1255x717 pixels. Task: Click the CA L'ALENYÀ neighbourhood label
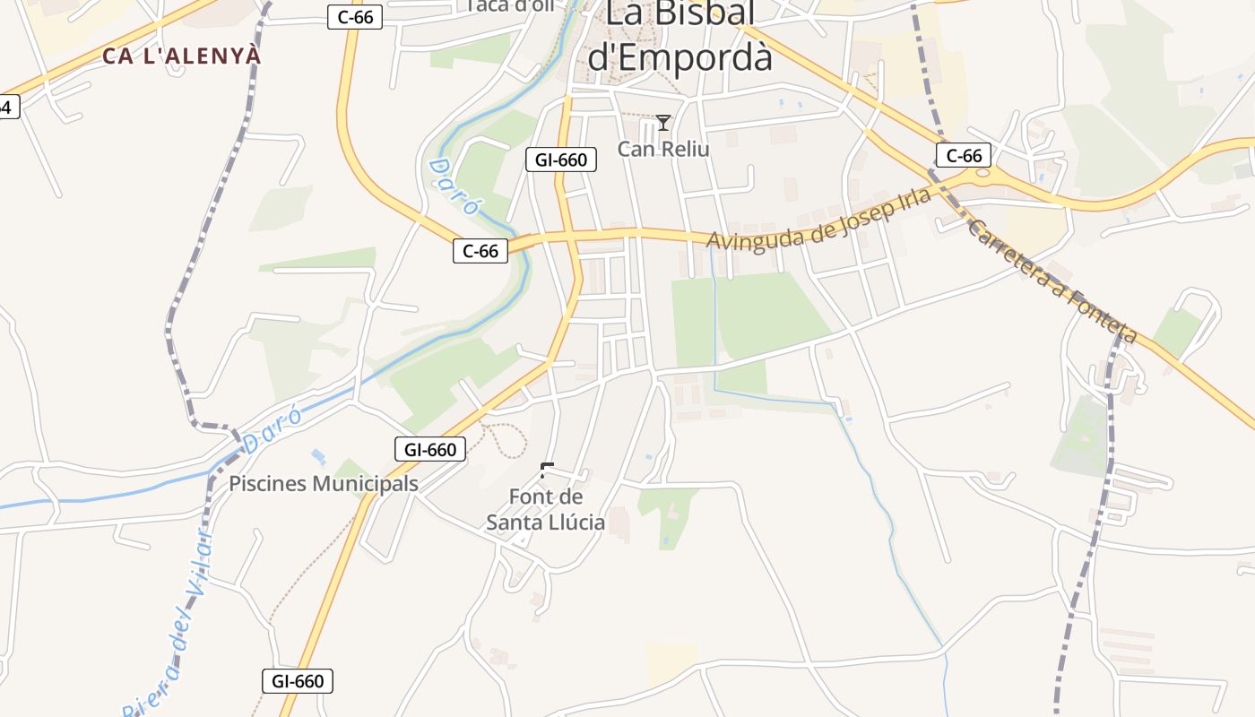click(182, 56)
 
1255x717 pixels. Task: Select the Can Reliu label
click(663, 149)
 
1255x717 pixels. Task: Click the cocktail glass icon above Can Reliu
click(663, 123)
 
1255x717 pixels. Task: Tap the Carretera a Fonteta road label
click(1053, 281)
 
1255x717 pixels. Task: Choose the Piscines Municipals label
click(324, 484)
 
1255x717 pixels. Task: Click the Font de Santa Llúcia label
click(546, 509)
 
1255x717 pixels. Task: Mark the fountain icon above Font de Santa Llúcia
click(547, 470)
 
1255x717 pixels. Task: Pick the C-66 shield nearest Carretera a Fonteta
click(964, 156)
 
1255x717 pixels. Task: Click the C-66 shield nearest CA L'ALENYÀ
click(355, 17)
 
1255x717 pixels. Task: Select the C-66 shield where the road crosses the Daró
click(480, 251)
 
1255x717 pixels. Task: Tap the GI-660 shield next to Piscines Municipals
click(430, 449)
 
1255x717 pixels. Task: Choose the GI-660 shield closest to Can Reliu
click(560, 160)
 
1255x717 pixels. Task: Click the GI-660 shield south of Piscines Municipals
click(298, 681)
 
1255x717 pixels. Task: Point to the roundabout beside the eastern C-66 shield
click(984, 173)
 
